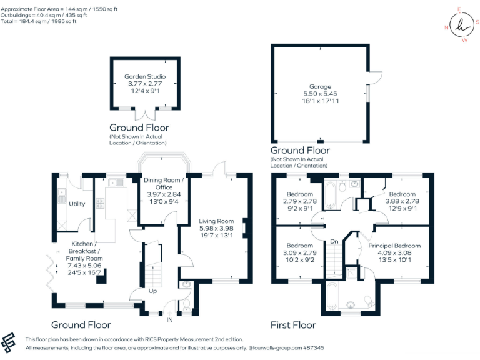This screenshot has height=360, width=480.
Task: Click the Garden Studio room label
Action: tap(145, 77)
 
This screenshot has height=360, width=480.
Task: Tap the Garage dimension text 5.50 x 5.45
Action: tap(319, 94)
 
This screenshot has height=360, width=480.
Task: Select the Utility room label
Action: tap(77, 204)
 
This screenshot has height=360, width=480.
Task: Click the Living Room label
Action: tap(216, 221)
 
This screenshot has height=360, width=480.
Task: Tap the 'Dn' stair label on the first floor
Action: tap(334, 241)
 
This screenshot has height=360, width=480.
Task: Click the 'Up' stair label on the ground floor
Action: tap(152, 292)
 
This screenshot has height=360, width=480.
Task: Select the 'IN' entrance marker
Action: tap(169, 320)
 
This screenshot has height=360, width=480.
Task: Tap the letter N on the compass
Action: tap(447, 27)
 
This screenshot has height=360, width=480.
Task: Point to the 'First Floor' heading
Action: tap(293, 325)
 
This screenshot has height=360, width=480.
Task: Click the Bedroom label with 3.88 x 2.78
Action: tap(402, 194)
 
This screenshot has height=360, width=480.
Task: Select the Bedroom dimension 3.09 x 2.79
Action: tap(301, 254)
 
